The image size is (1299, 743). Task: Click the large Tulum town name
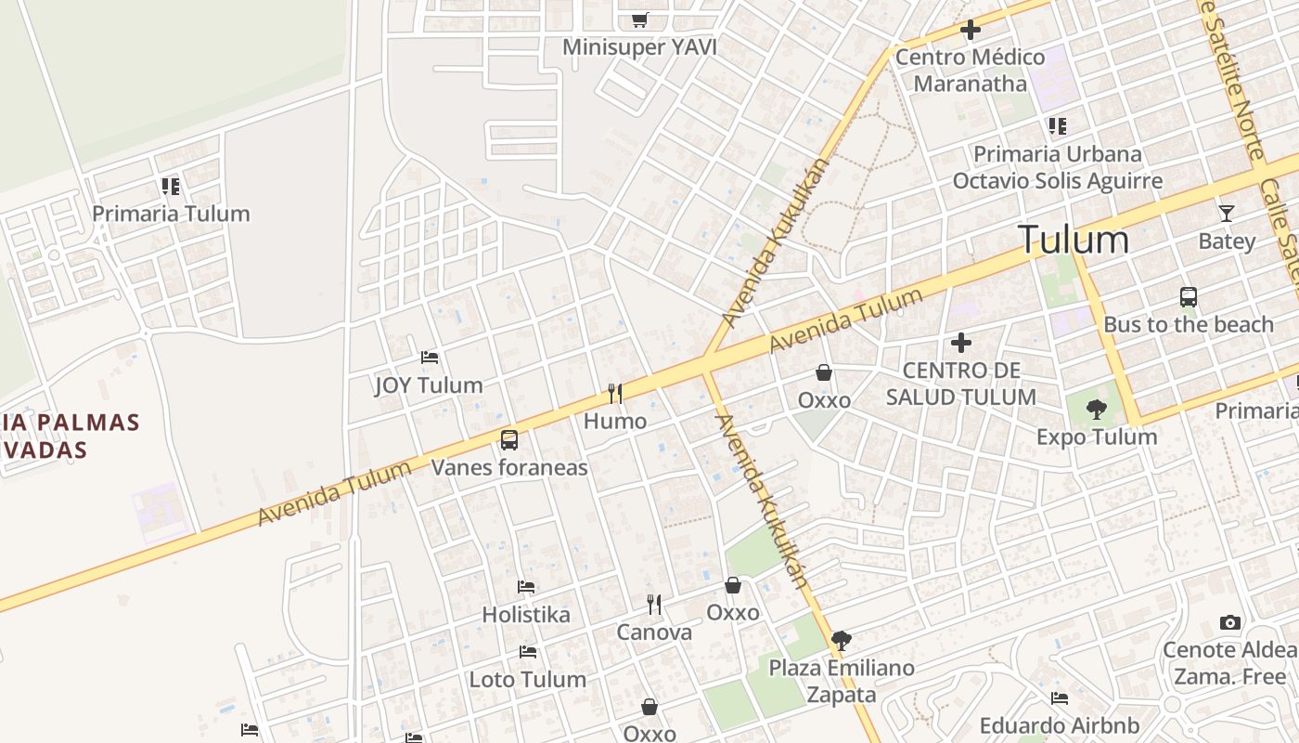pyautogui.click(x=1074, y=240)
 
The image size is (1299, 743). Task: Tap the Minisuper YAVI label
pyautogui.click(x=640, y=46)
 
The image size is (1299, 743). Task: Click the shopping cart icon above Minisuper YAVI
pyautogui.click(x=640, y=19)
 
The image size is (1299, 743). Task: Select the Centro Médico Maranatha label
pyautogui.click(x=970, y=70)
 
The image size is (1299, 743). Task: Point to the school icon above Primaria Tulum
pyautogui.click(x=170, y=187)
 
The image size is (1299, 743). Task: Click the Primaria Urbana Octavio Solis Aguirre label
pyautogui.click(x=1057, y=167)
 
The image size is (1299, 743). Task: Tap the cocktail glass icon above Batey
pyautogui.click(x=1227, y=213)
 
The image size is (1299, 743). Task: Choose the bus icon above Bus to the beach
pyautogui.click(x=1189, y=297)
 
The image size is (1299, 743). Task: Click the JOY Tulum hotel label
pyautogui.click(x=429, y=385)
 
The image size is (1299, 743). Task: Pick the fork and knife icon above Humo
pyautogui.click(x=615, y=394)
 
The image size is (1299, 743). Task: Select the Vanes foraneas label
pyautogui.click(x=509, y=467)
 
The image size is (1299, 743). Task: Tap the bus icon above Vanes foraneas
pyautogui.click(x=509, y=440)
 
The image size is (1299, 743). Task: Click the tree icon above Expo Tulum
pyautogui.click(x=1097, y=410)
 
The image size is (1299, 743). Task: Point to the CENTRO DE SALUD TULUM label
pyautogui.click(x=960, y=384)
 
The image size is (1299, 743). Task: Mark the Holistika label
pyautogui.click(x=526, y=614)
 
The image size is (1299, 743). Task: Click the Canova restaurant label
pyautogui.click(x=654, y=632)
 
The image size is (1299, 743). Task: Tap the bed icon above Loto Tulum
pyautogui.click(x=528, y=652)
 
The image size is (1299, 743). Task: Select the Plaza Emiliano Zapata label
pyautogui.click(x=842, y=681)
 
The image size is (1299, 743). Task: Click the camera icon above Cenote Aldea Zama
pyautogui.click(x=1230, y=622)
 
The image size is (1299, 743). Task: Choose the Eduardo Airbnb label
pyautogui.click(x=1060, y=725)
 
